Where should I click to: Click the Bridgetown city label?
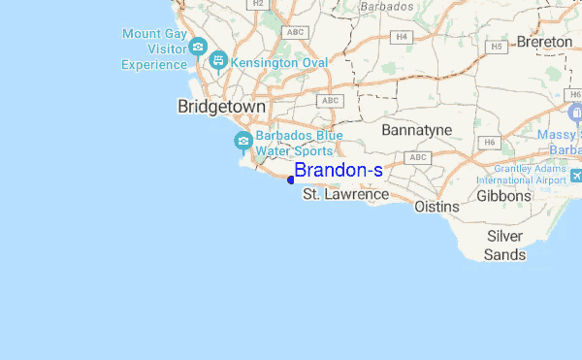[x=221, y=107]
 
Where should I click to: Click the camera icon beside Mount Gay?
[x=199, y=47]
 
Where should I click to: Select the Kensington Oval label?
[x=281, y=62]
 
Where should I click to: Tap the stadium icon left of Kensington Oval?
[x=219, y=61]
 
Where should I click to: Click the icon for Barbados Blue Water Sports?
[x=242, y=143]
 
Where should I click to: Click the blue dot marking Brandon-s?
[x=291, y=179]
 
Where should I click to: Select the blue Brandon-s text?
[x=339, y=171]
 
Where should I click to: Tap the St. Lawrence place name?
[x=345, y=195]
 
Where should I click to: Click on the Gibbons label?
[x=504, y=196]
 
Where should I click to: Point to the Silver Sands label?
[x=505, y=245]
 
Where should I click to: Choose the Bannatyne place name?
[x=418, y=129]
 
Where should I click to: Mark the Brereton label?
[x=544, y=42]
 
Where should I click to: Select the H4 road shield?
[x=401, y=36]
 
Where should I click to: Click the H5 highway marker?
[x=496, y=46]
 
